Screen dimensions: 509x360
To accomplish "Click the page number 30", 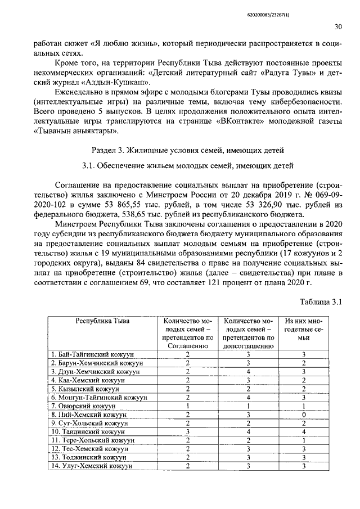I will [337, 26].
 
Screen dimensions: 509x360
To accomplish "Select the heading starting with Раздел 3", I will [184, 149].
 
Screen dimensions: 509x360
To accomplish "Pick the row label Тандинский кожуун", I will [83, 431].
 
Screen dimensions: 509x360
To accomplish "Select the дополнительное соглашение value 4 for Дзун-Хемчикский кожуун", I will [248, 372].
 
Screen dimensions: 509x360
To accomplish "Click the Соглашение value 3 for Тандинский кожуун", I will [188, 431].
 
